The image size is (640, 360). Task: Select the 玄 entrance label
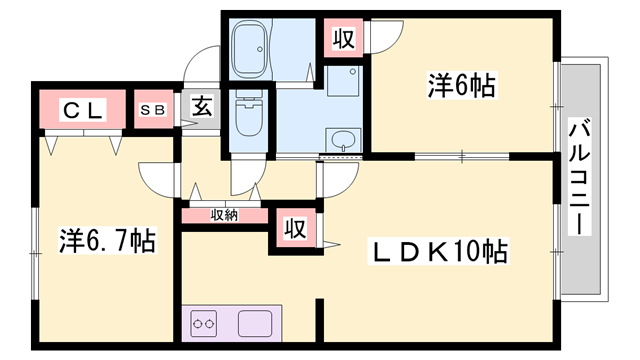(x=200, y=106)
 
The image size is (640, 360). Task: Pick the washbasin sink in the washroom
(x=344, y=139)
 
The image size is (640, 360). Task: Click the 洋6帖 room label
(x=462, y=85)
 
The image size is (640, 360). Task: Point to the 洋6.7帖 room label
(x=106, y=240)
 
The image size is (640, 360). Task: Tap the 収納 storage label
(x=224, y=214)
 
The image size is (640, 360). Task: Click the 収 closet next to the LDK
(x=294, y=228)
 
